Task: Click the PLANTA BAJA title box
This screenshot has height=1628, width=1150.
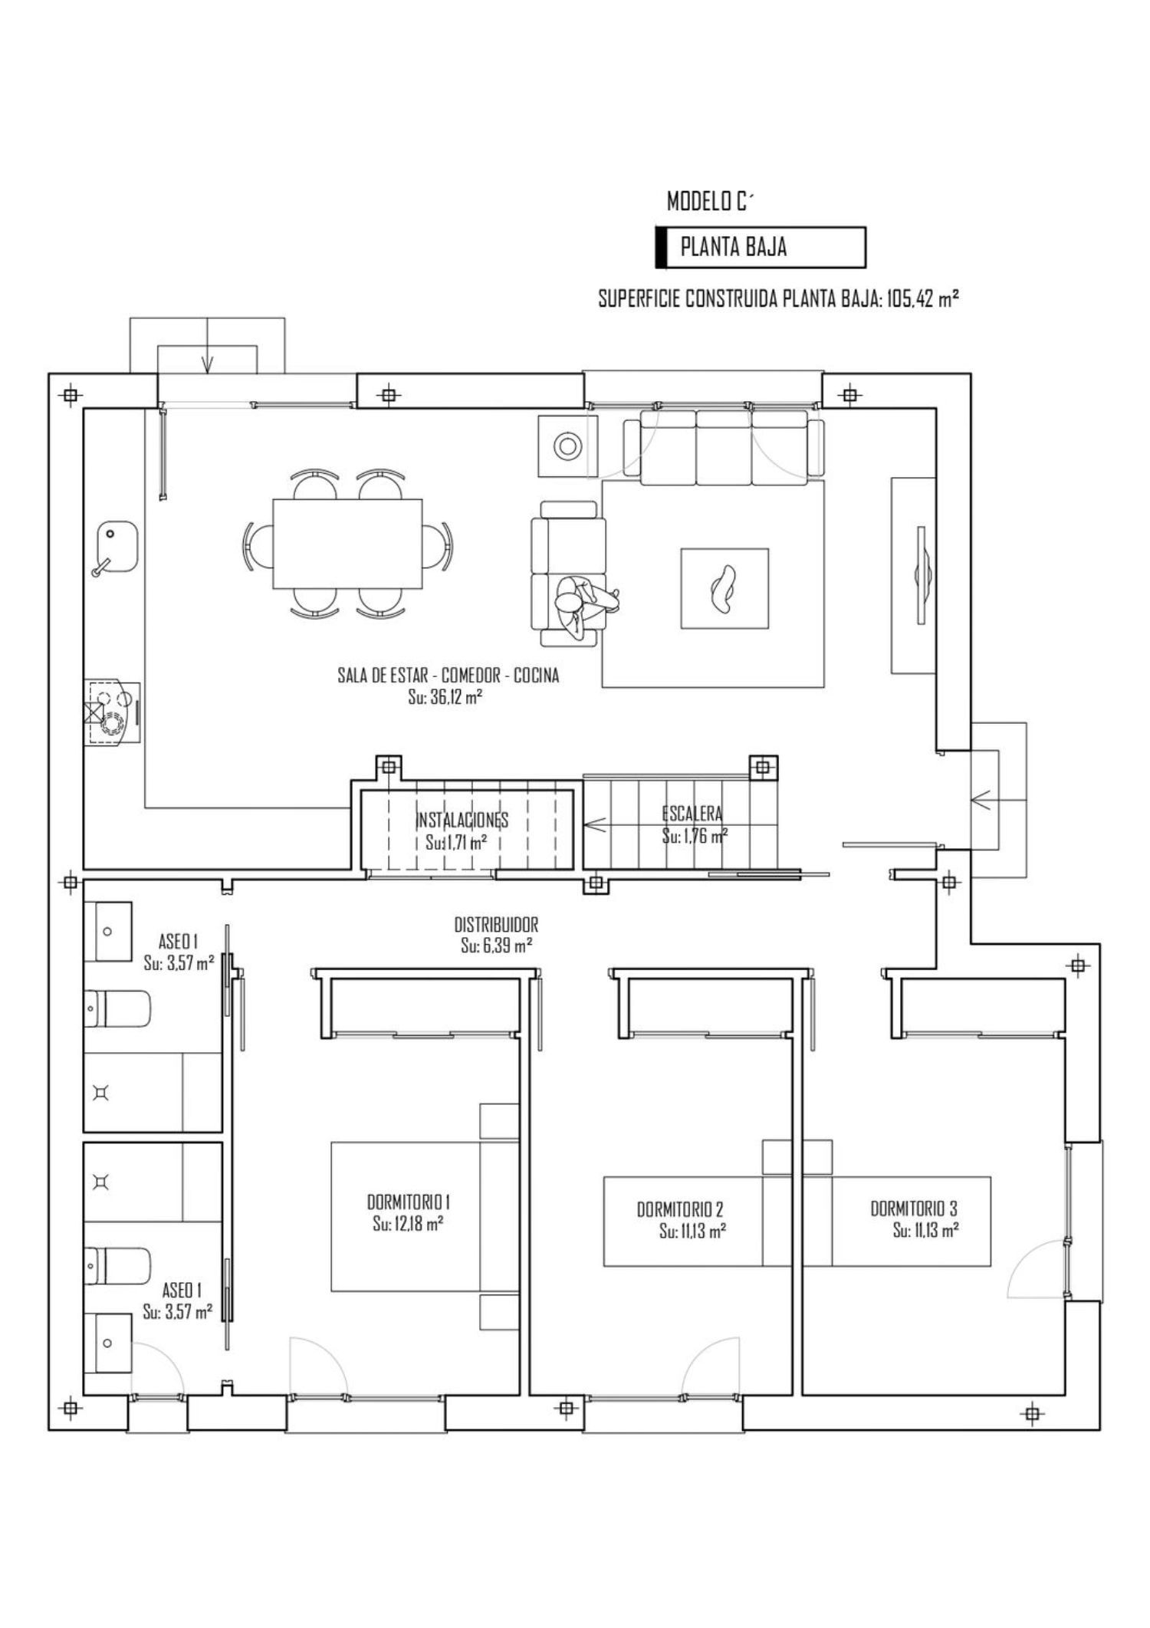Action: pyautogui.click(x=761, y=247)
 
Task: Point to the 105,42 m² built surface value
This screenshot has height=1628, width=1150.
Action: pyautogui.click(x=923, y=299)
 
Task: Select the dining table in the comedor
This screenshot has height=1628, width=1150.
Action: pyautogui.click(x=347, y=544)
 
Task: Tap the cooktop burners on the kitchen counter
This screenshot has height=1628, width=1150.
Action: pyautogui.click(x=112, y=712)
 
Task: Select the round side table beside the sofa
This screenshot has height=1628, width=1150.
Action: pyautogui.click(x=568, y=446)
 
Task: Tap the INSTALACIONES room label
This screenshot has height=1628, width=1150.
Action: pyautogui.click(x=462, y=820)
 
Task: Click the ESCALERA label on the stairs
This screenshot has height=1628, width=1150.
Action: pyautogui.click(x=692, y=814)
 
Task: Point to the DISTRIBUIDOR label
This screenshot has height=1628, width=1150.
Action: pyautogui.click(x=496, y=925)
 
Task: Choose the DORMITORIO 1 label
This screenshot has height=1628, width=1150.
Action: pyautogui.click(x=408, y=1201)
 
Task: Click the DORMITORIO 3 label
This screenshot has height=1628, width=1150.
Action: pyautogui.click(x=913, y=1209)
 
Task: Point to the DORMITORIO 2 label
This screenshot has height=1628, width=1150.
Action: pyautogui.click(x=680, y=1209)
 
